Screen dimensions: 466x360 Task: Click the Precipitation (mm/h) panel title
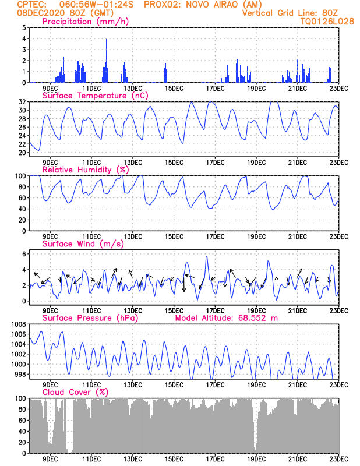coord(85,22)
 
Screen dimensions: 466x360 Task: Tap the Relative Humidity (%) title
coord(85,170)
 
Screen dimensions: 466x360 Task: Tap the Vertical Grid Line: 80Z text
coord(290,13)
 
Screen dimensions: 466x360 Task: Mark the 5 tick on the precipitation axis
coord(23,27)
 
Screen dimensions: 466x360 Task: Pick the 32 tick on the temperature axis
coord(22,102)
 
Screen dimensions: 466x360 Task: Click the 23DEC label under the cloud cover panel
coord(339,459)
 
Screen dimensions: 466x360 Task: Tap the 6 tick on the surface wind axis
coord(23,254)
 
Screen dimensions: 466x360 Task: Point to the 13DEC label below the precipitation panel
coord(133,89)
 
